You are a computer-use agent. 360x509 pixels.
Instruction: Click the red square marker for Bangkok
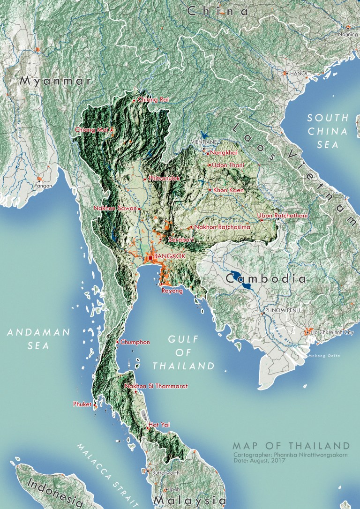pos(150,257)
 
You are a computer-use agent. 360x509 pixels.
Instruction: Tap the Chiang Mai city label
pos(91,130)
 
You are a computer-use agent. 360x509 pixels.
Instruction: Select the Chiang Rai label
pos(153,100)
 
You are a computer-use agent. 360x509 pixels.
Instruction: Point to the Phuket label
pos(82,404)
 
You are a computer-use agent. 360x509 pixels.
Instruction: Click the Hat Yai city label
pos(159,425)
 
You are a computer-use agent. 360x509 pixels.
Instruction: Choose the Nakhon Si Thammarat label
pos(156,386)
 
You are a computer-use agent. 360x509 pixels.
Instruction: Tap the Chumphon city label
pos(135,342)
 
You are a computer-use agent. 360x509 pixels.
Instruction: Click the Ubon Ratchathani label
pos(282,216)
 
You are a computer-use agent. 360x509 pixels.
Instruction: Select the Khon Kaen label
pos(227,190)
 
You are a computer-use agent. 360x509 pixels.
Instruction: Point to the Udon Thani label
pos(228,165)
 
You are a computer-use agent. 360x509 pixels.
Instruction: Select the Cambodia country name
pos(266,279)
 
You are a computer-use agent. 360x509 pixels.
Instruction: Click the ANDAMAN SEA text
pos(39,339)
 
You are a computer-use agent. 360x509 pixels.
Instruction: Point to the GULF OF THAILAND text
pos(183,352)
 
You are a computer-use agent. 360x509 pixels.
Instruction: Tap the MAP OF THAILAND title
pos(291,445)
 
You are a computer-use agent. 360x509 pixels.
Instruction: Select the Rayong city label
pos(172,291)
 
